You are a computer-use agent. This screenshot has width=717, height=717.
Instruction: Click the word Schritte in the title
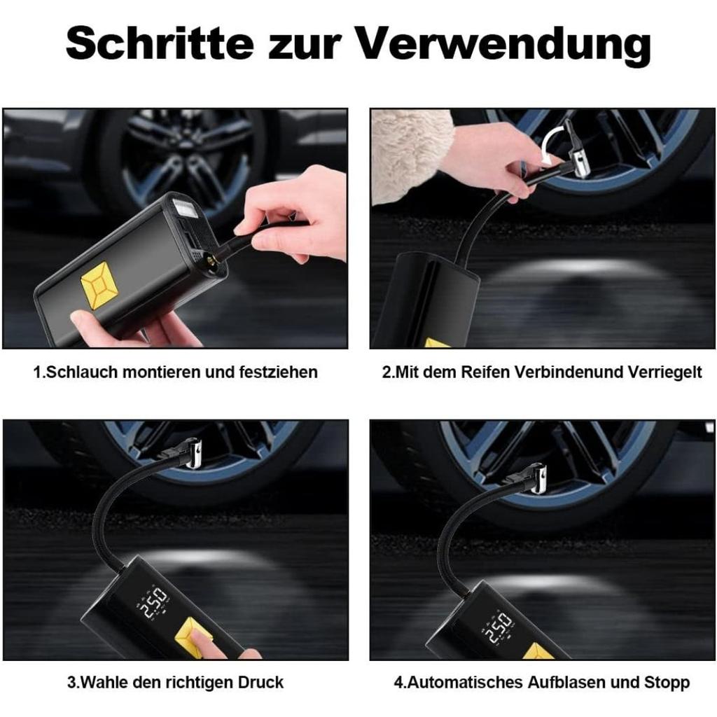pos(162,43)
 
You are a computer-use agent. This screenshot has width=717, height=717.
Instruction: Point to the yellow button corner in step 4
pos(539,652)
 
